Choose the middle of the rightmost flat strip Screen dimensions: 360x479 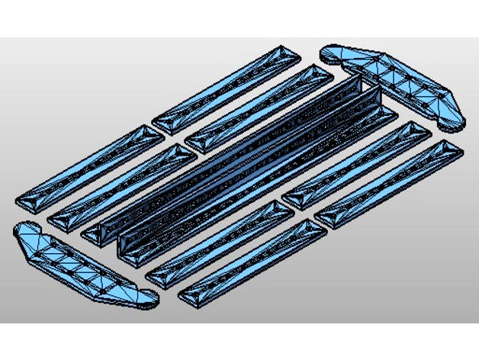tap(389, 183)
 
